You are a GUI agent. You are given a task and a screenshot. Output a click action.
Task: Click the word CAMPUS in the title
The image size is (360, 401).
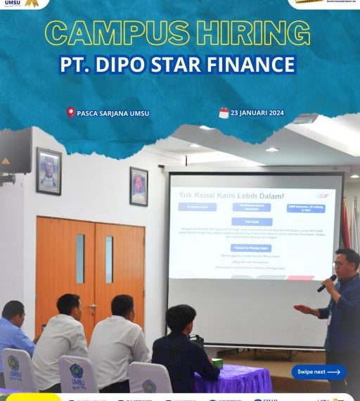coord(115,33)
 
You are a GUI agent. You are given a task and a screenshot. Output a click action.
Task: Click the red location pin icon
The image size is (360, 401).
coord(70,113)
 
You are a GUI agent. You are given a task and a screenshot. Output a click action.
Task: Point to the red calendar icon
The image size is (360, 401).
coord(224,113)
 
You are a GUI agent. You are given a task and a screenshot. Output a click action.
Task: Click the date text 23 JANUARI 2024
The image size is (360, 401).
coord(261,113)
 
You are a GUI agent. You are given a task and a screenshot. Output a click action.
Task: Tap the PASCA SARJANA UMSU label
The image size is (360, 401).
coord(113,113)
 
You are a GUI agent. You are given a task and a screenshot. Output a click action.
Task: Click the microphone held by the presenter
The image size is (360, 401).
coord(327,283)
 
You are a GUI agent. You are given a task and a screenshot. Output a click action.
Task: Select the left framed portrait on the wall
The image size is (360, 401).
coord(49,171)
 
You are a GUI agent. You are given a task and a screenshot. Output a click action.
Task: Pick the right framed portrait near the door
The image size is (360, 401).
coord(139,186)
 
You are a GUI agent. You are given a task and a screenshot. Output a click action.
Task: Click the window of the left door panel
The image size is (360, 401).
coord(80,259)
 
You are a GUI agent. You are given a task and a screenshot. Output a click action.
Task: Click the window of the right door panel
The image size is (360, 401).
coord(109,260)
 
